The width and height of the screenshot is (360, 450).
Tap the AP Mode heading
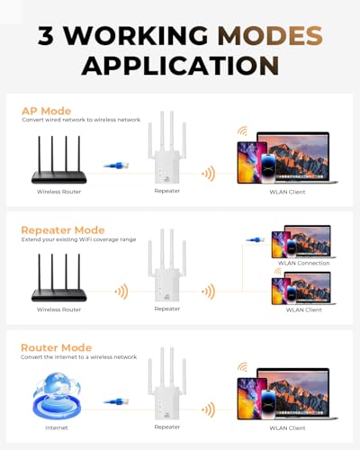tap(46, 111)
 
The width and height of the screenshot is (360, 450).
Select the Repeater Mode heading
tap(63, 230)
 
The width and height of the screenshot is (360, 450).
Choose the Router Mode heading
tap(56, 346)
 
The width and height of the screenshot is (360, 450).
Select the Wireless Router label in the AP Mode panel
tap(59, 192)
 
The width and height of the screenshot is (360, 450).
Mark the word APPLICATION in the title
tap(179, 65)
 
